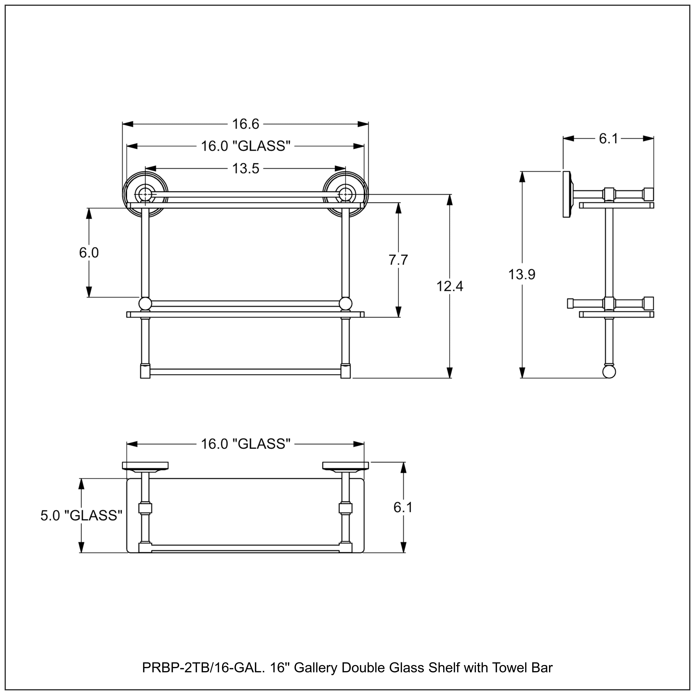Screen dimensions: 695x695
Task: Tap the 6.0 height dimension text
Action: pyautogui.click(x=89, y=253)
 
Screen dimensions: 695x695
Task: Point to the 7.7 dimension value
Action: pyautogui.click(x=398, y=260)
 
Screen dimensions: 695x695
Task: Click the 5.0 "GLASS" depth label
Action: pyautogui.click(x=81, y=515)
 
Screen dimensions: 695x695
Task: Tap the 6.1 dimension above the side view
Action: pyautogui.click(x=608, y=139)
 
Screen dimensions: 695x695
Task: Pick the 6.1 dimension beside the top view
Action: pyautogui.click(x=403, y=508)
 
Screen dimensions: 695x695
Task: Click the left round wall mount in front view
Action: pyautogui.click(x=145, y=194)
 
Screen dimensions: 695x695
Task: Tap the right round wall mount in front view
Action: pyautogui.click(x=346, y=194)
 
